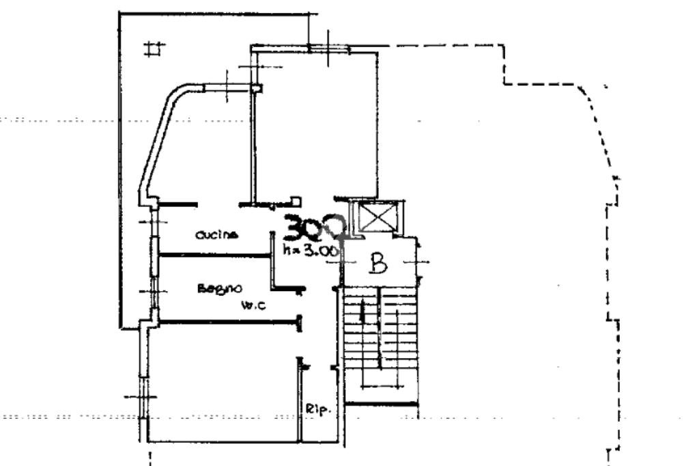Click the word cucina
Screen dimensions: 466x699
pyautogui.click(x=216, y=235)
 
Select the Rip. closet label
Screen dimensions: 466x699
pyautogui.click(x=318, y=410)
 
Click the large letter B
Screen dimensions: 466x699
pyautogui.click(x=377, y=263)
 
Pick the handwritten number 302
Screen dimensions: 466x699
pyautogui.click(x=315, y=228)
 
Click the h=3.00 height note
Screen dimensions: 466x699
pyautogui.click(x=311, y=251)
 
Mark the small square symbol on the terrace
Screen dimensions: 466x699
pyautogui.click(x=155, y=49)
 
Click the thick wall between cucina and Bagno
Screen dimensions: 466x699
pyautogui.click(x=215, y=256)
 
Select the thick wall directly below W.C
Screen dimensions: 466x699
pyautogui.click(x=229, y=320)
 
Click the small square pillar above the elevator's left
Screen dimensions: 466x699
pyautogui.click(x=296, y=201)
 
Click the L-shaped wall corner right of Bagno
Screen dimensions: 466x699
pyautogui.click(x=273, y=286)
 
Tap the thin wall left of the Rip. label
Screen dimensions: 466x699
pyautogui.click(x=298, y=403)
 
